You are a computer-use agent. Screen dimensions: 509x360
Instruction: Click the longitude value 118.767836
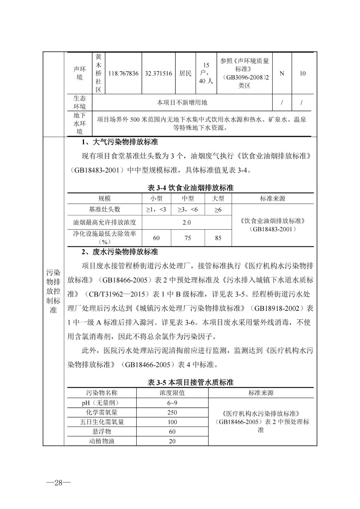click(x=123, y=73)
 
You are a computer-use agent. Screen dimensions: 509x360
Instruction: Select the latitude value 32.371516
click(x=158, y=73)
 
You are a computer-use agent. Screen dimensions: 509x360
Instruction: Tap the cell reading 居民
click(x=185, y=73)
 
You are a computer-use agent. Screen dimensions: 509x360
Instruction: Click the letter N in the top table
click(x=282, y=73)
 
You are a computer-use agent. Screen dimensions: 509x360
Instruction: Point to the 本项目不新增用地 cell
click(x=182, y=102)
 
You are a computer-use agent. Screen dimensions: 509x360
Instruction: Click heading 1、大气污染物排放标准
click(x=120, y=142)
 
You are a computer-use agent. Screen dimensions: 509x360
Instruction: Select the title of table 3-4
click(x=190, y=188)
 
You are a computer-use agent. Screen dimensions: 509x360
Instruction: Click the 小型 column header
click(x=156, y=199)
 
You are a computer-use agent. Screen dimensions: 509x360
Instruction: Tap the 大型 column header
click(x=218, y=199)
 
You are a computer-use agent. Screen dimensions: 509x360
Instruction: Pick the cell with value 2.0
click(x=187, y=222)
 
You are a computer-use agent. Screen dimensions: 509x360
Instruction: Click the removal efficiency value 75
click(x=188, y=238)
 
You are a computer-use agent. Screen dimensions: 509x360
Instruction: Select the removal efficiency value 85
click(x=218, y=238)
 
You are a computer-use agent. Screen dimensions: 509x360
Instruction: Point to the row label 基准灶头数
click(x=104, y=209)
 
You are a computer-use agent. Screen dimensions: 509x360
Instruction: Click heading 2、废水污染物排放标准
click(x=120, y=252)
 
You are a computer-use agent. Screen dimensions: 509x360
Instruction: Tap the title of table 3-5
click(x=190, y=382)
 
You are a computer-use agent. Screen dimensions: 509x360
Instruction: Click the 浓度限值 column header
click(x=172, y=393)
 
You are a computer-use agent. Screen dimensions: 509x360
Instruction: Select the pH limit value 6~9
click(x=172, y=403)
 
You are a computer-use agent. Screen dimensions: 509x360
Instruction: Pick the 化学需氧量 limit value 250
click(x=172, y=412)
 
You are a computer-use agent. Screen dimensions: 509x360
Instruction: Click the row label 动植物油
click(x=102, y=441)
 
